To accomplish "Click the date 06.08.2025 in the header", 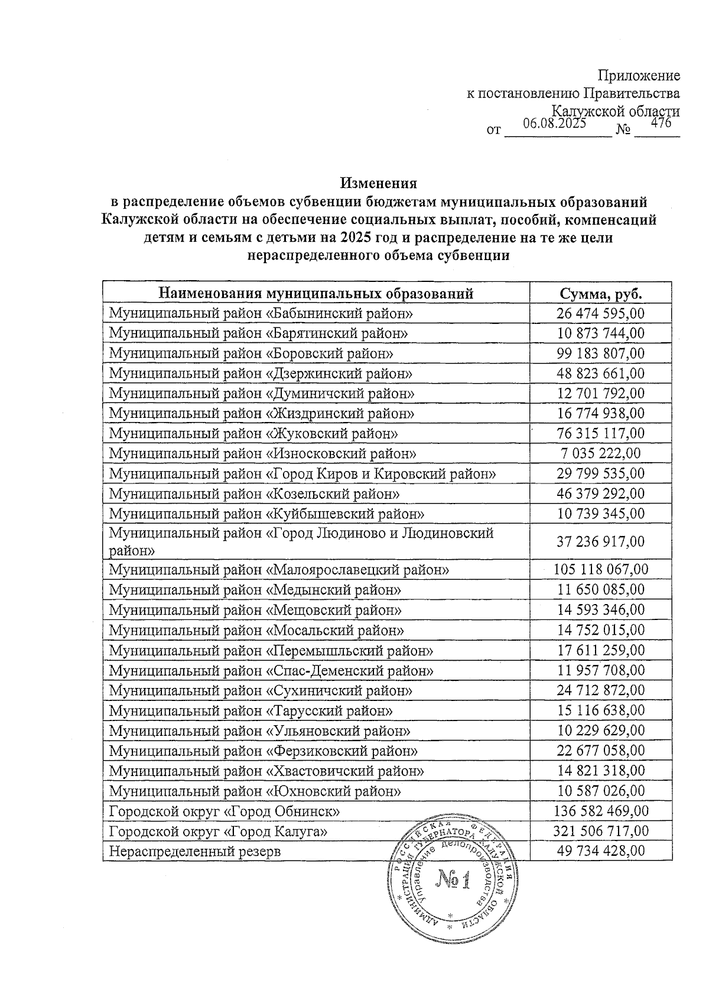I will [554, 124].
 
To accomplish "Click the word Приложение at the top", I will [639, 76].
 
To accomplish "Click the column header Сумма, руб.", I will [600, 294].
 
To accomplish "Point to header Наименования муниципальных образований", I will [316, 294].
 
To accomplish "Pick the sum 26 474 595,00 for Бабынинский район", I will [600, 313].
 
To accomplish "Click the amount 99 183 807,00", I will [600, 353].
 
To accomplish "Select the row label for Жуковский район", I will [253, 433].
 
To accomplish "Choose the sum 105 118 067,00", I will [600, 569].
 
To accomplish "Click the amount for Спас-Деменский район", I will [600, 670].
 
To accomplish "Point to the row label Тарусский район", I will [251, 710].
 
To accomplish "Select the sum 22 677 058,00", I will [600, 751].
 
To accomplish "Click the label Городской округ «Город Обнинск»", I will [225, 811].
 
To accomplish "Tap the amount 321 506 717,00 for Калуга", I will [600, 831].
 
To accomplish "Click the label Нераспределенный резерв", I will [195, 851].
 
